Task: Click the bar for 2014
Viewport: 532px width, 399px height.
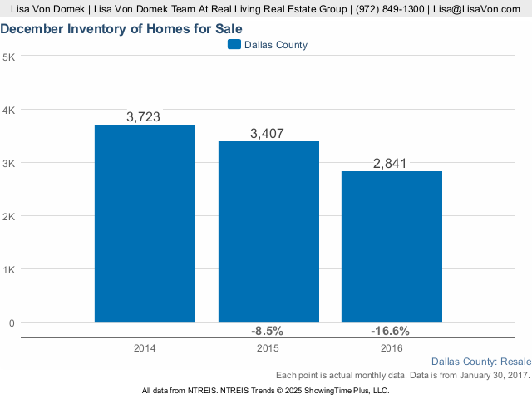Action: (145, 224)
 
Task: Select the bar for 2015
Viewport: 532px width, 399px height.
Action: (268, 232)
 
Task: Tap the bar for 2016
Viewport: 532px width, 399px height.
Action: (392, 247)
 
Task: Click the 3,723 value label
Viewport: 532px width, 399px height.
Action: (143, 117)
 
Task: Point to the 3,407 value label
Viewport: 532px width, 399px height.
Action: (267, 134)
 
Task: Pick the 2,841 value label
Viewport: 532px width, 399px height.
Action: (390, 164)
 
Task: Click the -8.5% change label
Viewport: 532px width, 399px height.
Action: (267, 331)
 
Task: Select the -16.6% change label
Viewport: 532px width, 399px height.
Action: (390, 331)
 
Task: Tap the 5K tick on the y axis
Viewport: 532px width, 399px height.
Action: (9, 57)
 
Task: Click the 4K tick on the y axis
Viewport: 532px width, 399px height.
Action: (9, 111)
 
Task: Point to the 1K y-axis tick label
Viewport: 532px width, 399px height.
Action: (9, 270)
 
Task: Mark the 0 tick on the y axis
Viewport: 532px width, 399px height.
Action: (12, 323)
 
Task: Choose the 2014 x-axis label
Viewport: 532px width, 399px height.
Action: (145, 348)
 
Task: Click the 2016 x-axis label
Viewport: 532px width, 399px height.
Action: (392, 348)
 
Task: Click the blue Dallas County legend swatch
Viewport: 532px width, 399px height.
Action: (234, 44)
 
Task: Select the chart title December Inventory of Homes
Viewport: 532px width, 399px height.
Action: (121, 29)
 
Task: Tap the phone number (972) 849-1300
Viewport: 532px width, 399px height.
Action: (390, 9)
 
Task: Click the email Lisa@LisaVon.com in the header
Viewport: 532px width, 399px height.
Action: (476, 9)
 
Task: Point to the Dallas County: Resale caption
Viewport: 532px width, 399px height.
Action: (481, 362)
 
